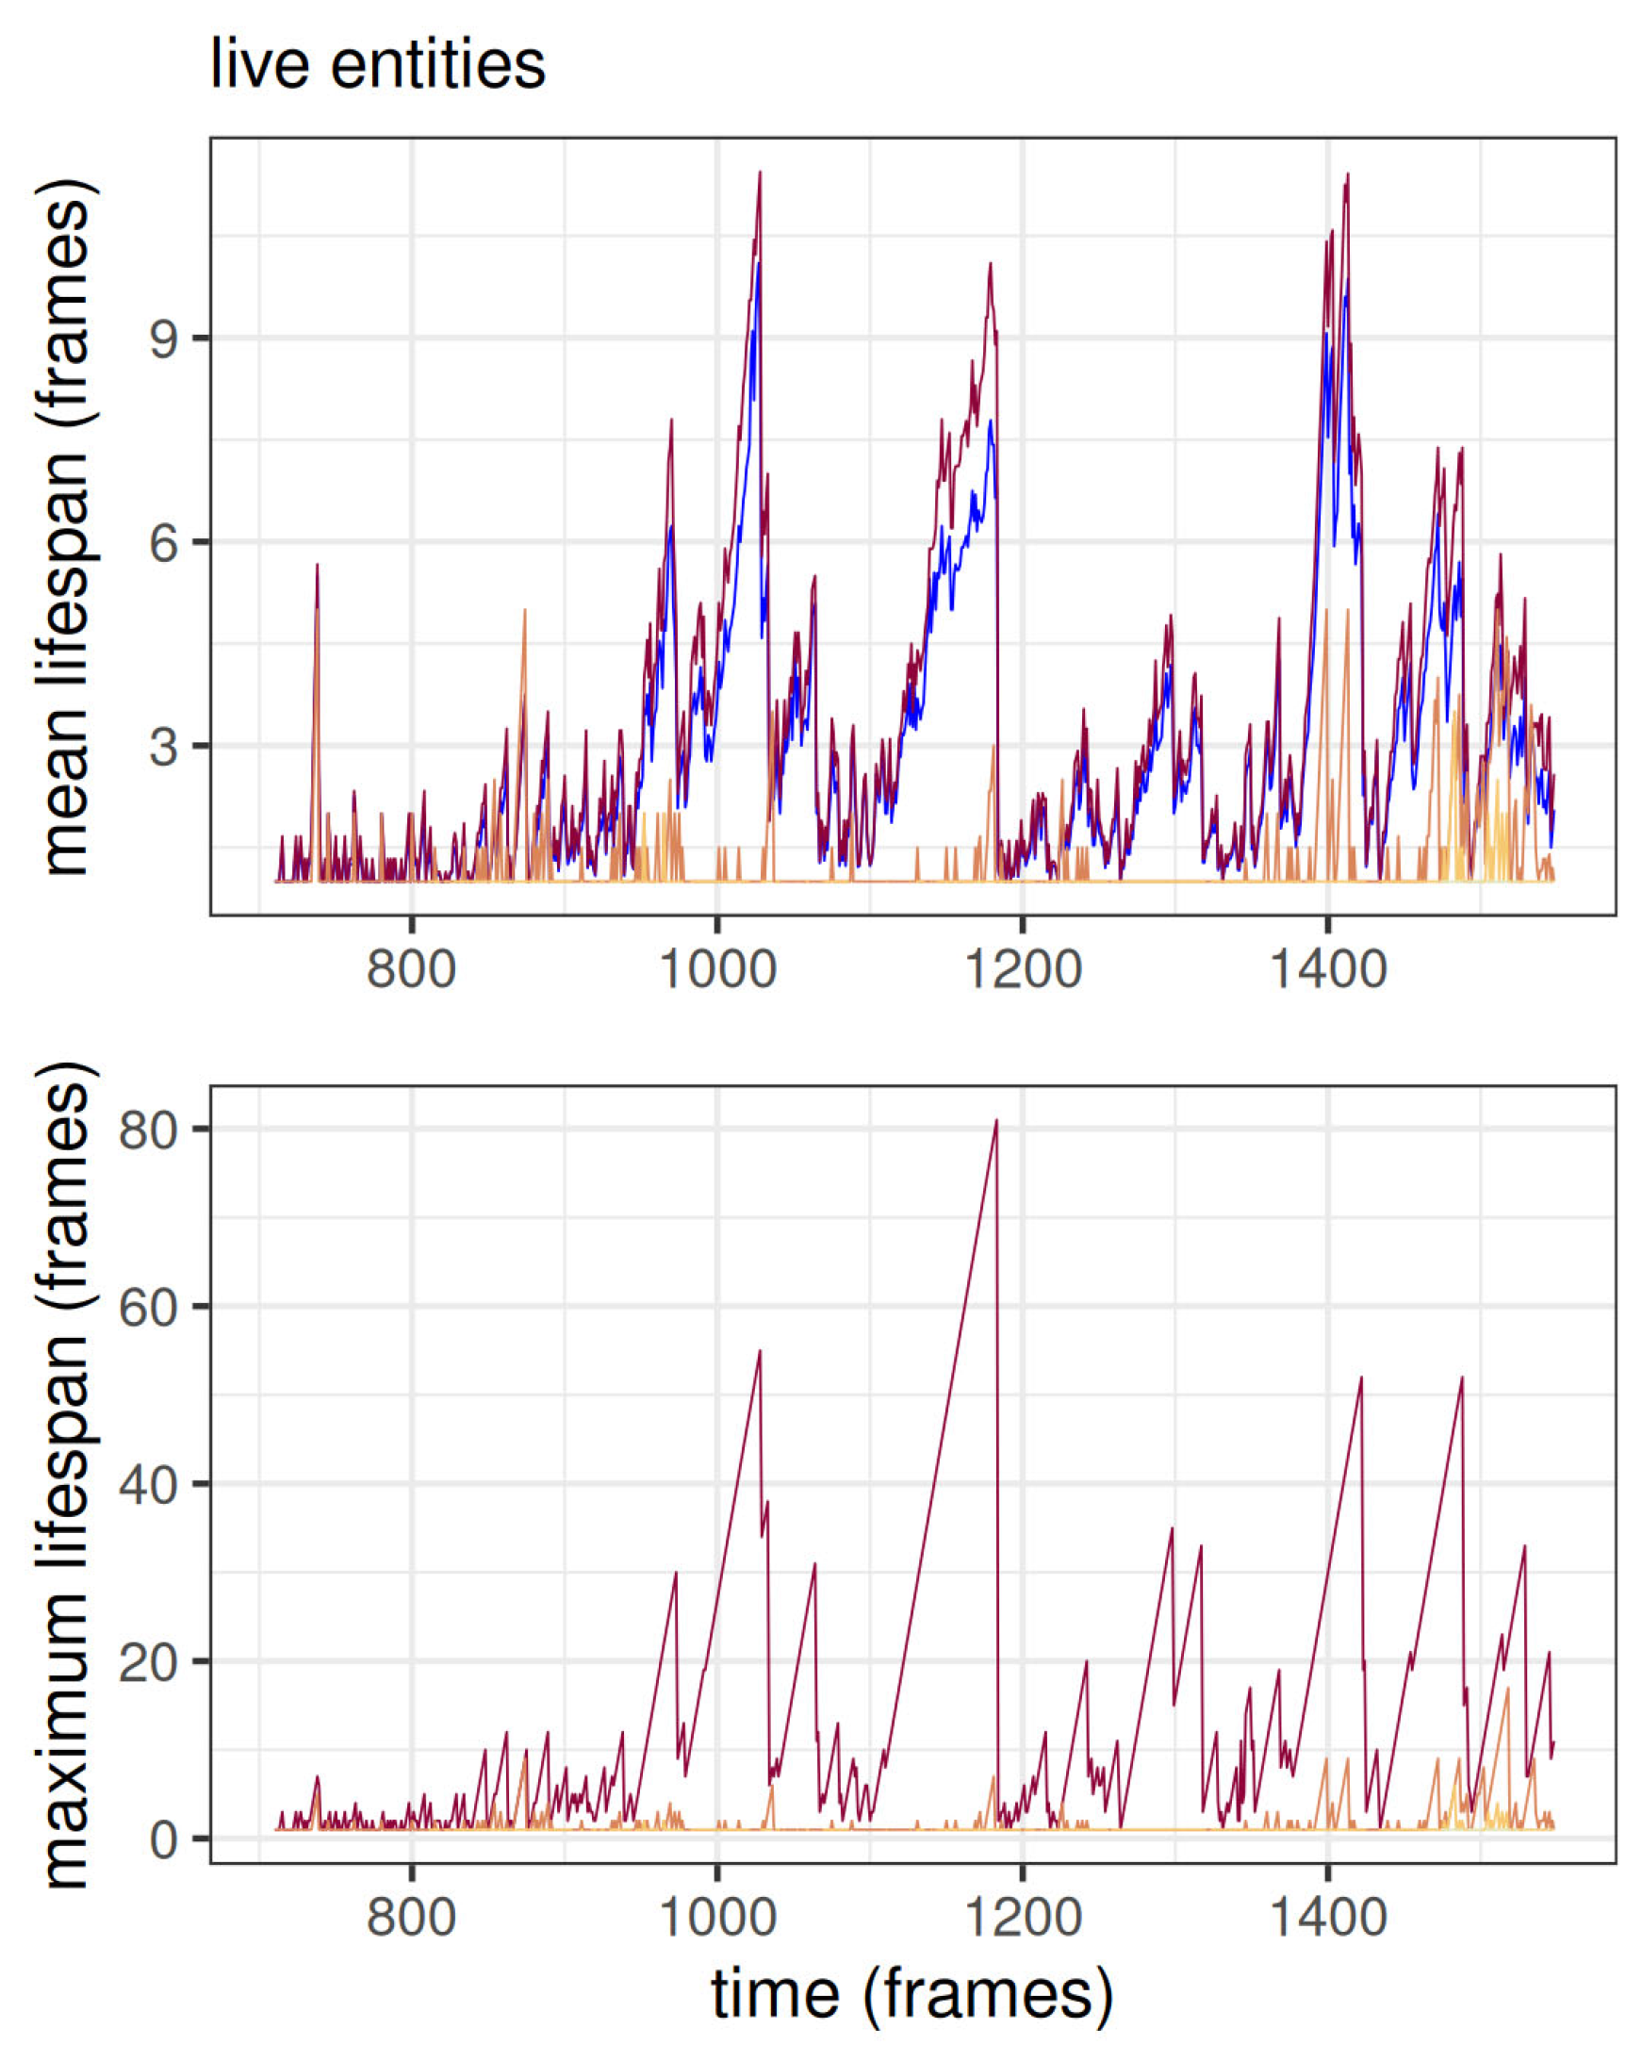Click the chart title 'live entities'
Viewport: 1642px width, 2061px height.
point(378,65)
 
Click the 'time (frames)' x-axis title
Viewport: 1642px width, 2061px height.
point(911,1994)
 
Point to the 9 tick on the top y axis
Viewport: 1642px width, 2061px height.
point(164,338)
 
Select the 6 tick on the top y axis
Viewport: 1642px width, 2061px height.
point(164,542)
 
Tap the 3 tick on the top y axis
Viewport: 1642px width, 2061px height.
point(164,746)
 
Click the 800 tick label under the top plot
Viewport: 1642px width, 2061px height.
point(411,969)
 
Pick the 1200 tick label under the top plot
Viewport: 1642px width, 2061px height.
point(1022,969)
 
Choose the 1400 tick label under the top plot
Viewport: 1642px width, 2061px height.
point(1327,969)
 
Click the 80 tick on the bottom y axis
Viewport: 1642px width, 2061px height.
point(148,1129)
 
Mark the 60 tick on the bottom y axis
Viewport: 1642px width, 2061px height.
point(148,1307)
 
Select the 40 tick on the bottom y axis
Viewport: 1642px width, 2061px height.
point(148,1485)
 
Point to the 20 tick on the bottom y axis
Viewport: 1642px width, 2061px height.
point(148,1662)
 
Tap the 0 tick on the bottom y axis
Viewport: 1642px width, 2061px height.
point(164,1839)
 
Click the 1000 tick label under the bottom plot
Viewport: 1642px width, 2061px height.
point(716,1918)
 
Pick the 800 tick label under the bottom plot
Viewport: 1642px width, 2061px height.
point(411,1918)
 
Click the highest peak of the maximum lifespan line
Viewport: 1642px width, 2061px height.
point(996,1120)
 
